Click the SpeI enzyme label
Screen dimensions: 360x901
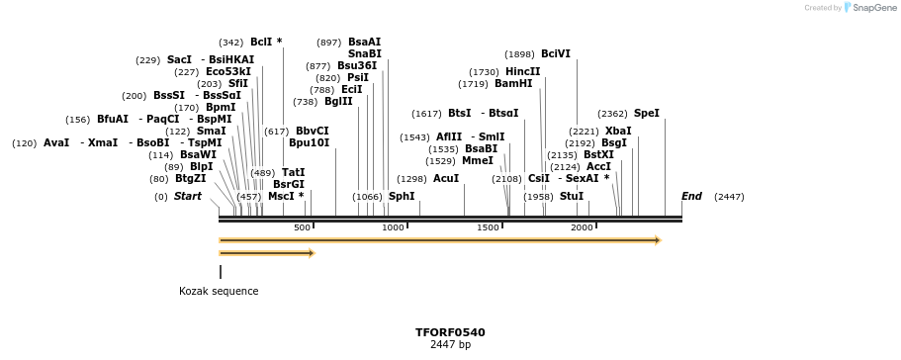[x=646, y=114]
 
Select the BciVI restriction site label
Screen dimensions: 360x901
[x=556, y=54]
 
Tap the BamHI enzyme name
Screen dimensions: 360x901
[x=513, y=84]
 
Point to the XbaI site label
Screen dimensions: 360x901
[x=618, y=132]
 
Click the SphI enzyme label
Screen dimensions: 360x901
[x=402, y=197]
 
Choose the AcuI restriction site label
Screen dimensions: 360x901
[x=446, y=179]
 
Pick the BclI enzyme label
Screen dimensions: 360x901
[x=261, y=43]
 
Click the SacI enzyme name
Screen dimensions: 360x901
[x=179, y=60]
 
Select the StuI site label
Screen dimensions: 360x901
[x=572, y=197]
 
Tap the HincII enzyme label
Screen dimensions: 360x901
[x=523, y=72]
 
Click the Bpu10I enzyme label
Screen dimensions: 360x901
[x=309, y=143]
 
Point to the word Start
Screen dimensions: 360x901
[x=187, y=197]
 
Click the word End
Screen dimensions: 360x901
[x=691, y=197]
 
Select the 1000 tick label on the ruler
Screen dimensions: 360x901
[x=393, y=228]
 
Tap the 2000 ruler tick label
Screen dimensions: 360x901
[x=582, y=228]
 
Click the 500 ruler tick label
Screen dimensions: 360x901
[x=302, y=228]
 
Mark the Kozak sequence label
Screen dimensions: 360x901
[x=219, y=292]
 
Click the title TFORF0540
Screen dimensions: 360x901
[x=450, y=332]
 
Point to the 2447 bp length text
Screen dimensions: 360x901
[x=450, y=345]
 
